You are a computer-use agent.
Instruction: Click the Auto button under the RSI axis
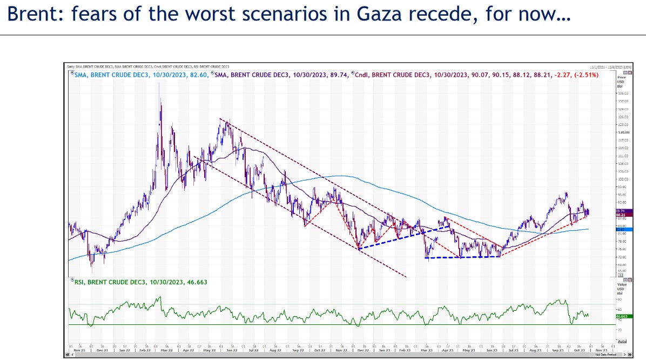point(622,342)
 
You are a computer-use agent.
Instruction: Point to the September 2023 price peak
point(566,192)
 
